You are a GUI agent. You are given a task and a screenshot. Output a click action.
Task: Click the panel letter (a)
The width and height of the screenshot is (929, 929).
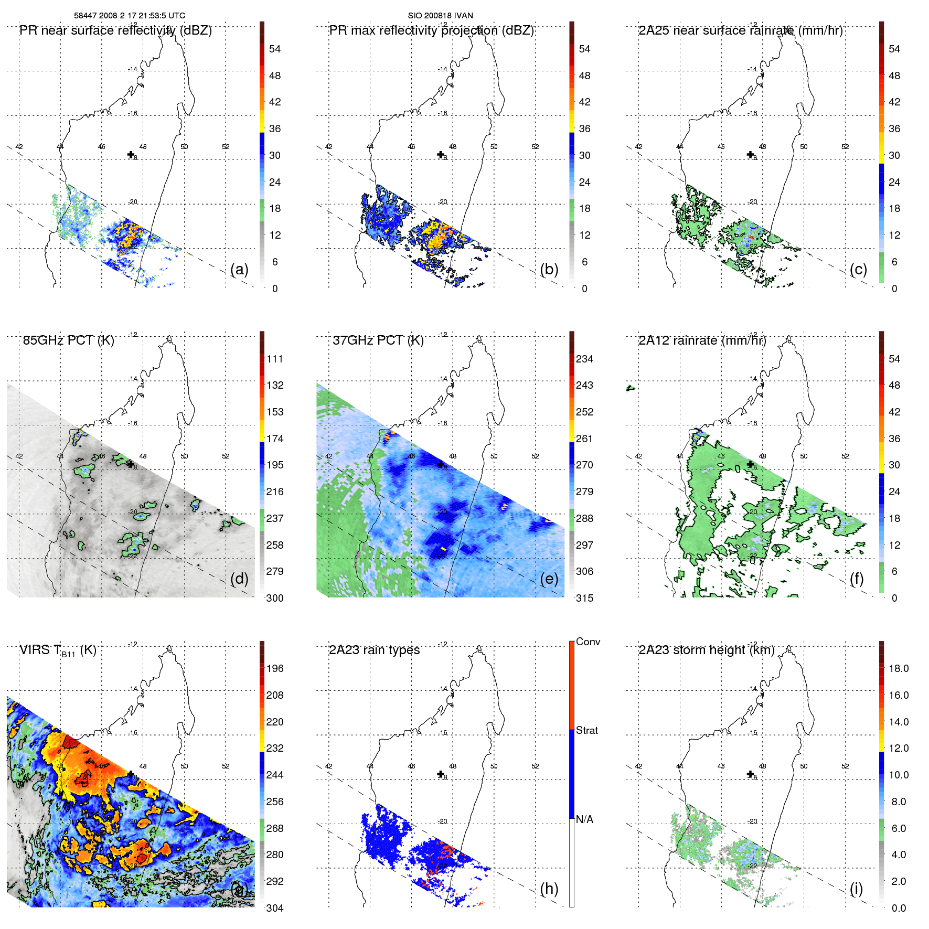tap(239, 269)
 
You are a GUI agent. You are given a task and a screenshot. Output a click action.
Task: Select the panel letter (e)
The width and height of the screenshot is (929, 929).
tap(549, 579)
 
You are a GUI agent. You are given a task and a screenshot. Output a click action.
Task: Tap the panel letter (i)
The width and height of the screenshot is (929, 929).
tap(856, 889)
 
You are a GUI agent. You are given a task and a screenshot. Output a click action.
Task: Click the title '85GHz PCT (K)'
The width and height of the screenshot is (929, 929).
tap(68, 340)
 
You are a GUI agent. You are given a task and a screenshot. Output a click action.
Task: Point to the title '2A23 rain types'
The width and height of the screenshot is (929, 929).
tap(374, 650)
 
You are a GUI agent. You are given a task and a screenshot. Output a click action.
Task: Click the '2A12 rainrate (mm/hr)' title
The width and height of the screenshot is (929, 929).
tap(702, 340)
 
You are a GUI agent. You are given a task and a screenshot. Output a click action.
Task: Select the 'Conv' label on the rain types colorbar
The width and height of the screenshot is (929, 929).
tap(588, 642)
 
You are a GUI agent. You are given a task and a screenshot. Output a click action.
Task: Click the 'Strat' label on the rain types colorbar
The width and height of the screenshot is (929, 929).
tap(586, 730)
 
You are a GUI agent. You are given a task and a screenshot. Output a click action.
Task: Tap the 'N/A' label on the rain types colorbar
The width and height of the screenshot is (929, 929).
tap(584, 819)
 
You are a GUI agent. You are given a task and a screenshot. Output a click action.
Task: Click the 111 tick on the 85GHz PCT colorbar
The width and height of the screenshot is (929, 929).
tap(275, 359)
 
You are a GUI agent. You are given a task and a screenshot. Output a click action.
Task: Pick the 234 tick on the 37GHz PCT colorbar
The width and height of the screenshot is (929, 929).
tap(584, 359)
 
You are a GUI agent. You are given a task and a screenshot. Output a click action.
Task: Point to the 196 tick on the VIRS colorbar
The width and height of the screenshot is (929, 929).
tap(275, 668)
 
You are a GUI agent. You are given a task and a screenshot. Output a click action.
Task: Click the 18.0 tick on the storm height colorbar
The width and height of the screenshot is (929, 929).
tap(898, 668)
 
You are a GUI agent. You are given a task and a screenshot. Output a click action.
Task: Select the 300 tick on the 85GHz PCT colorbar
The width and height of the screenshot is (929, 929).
tap(275, 598)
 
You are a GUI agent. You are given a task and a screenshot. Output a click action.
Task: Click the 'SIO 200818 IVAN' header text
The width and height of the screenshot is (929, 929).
tap(440, 16)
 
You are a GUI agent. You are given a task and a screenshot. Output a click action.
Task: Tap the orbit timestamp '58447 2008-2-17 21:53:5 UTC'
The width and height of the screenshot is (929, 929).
tap(130, 16)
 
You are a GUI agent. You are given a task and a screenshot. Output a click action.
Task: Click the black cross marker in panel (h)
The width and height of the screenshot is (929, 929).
tap(441, 774)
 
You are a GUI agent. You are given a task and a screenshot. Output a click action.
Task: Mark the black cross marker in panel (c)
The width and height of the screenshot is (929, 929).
tap(750, 155)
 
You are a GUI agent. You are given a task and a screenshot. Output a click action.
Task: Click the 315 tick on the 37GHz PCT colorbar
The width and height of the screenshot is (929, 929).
tap(584, 598)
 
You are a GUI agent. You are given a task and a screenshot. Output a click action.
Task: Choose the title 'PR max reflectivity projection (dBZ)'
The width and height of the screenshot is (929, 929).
tap(431, 30)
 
